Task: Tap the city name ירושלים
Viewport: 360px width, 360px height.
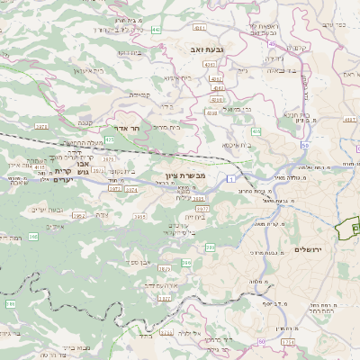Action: click(x=308, y=248)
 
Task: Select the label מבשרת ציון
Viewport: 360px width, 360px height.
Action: click(x=186, y=175)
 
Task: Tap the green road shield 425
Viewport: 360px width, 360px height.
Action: click(x=109, y=140)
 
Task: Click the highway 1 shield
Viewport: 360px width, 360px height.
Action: click(x=230, y=180)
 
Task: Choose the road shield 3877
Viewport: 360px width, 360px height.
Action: click(x=164, y=298)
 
